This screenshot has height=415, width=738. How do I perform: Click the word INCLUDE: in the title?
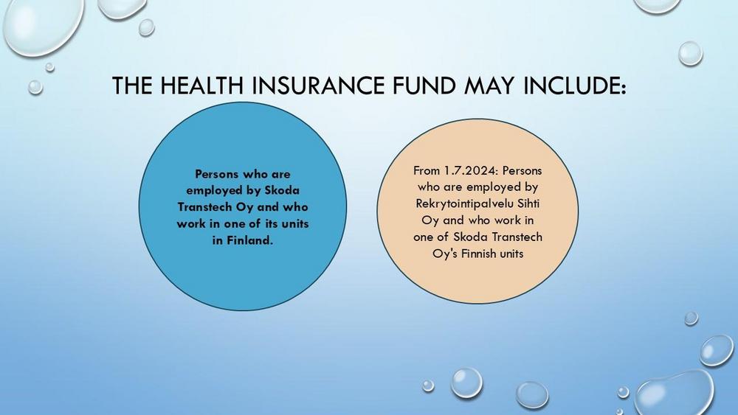pos(575,86)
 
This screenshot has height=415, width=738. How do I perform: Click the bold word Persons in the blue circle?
pos(216,174)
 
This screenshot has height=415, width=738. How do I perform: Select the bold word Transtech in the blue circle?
pos(204,207)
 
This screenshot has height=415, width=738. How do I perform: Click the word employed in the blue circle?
pos(214,191)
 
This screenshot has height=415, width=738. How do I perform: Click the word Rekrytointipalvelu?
pos(464,204)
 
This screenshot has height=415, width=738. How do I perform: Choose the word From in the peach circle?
pos(427,170)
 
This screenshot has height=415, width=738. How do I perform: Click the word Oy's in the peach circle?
pos(445,254)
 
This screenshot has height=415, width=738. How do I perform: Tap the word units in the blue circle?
pos(295,223)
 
